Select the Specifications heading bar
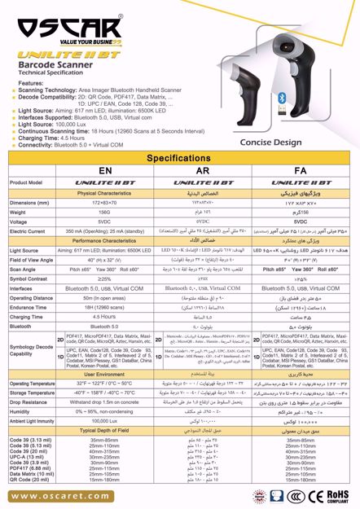[179, 157]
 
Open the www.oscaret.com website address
[56, 494]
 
